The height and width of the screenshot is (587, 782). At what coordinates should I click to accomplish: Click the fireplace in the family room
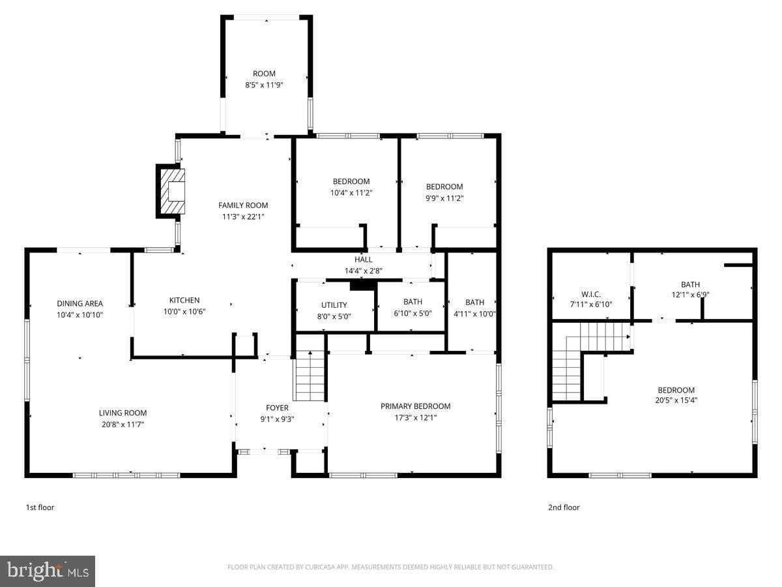click(x=171, y=191)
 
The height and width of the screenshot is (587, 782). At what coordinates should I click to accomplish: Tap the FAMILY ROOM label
click(x=243, y=205)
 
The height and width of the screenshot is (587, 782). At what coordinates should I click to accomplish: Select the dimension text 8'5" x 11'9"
click(x=264, y=85)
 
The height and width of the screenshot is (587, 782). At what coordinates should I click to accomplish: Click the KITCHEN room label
click(x=186, y=301)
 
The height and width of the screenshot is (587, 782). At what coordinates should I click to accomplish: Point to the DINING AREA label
click(x=80, y=303)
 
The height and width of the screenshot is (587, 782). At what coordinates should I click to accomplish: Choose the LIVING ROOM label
click(x=123, y=413)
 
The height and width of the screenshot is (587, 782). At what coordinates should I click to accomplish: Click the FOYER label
click(x=277, y=408)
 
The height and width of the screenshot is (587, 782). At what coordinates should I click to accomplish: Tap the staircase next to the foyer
click(x=310, y=376)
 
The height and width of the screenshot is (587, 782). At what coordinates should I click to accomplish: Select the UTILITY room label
click(x=334, y=305)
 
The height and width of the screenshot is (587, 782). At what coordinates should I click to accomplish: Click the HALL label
click(x=364, y=260)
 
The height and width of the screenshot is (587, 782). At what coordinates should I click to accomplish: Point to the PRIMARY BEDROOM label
click(x=415, y=406)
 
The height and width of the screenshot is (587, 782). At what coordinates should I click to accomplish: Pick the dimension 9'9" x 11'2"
click(x=444, y=198)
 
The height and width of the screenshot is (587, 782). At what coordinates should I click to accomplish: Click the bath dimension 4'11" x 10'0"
click(x=474, y=314)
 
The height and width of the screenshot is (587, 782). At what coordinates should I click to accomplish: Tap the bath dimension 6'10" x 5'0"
click(x=413, y=314)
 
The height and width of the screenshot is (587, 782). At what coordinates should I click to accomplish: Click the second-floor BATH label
click(x=690, y=284)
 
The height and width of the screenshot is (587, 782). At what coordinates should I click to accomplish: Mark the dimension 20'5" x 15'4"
click(x=675, y=401)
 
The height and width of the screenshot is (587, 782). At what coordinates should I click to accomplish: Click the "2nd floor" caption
click(x=563, y=507)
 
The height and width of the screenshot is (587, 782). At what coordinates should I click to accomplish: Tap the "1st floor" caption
click(x=40, y=507)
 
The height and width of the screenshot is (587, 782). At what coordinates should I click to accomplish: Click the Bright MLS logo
click(x=48, y=571)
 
